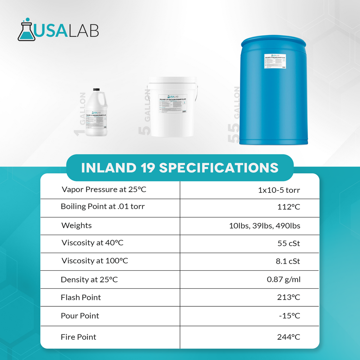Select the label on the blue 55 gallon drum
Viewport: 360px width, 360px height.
tap(275, 61)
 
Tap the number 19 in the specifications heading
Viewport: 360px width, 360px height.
tap(147, 168)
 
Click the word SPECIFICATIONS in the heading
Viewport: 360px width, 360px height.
tap(219, 168)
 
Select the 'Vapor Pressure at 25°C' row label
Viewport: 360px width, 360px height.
tap(103, 189)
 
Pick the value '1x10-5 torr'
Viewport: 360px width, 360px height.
tap(279, 190)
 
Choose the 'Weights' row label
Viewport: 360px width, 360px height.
tap(76, 225)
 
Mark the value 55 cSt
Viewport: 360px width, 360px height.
tap(288, 244)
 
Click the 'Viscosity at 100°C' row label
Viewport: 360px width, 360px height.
tap(94, 261)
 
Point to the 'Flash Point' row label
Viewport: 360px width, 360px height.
tap(81, 297)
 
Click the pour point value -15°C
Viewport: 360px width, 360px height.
tap(289, 316)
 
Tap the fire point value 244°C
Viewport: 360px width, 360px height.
tap(288, 337)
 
